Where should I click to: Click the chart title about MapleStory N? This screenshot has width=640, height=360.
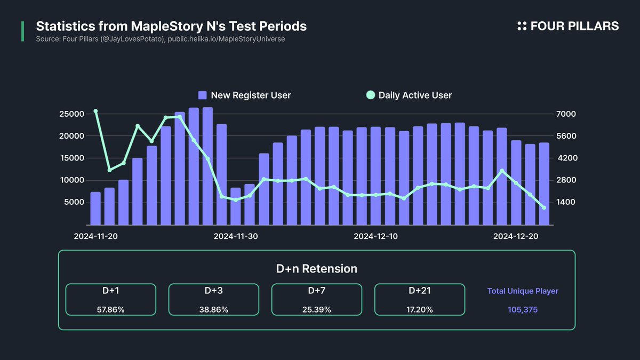tap(171, 26)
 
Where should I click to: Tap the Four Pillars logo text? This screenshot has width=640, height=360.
tap(568, 26)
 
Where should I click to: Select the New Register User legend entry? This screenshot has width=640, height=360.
tap(244, 95)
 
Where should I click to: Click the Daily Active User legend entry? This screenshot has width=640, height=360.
tap(409, 95)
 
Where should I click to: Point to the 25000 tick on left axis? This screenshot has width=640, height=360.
tap(73, 114)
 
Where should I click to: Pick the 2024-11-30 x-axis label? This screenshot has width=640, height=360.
tap(236, 236)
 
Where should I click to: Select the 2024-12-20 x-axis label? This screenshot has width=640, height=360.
tap(515, 236)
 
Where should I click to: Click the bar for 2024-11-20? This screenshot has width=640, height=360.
tap(95, 209)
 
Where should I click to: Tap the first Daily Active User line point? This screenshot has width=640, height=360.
tap(95, 111)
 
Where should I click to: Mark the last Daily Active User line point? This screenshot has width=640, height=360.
tap(543, 207)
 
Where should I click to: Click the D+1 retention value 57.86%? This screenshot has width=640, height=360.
tap(110, 309)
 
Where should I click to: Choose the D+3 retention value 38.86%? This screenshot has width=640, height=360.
tap(213, 309)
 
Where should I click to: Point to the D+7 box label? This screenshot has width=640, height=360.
tap(316, 291)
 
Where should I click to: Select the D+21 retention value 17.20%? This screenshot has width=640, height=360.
tap(419, 309)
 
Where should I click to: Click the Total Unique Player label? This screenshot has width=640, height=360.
tap(523, 291)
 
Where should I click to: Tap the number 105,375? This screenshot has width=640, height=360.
tap(523, 309)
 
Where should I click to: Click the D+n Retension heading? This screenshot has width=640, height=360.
tap(316, 269)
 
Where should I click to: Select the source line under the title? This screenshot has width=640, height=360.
tap(160, 39)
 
